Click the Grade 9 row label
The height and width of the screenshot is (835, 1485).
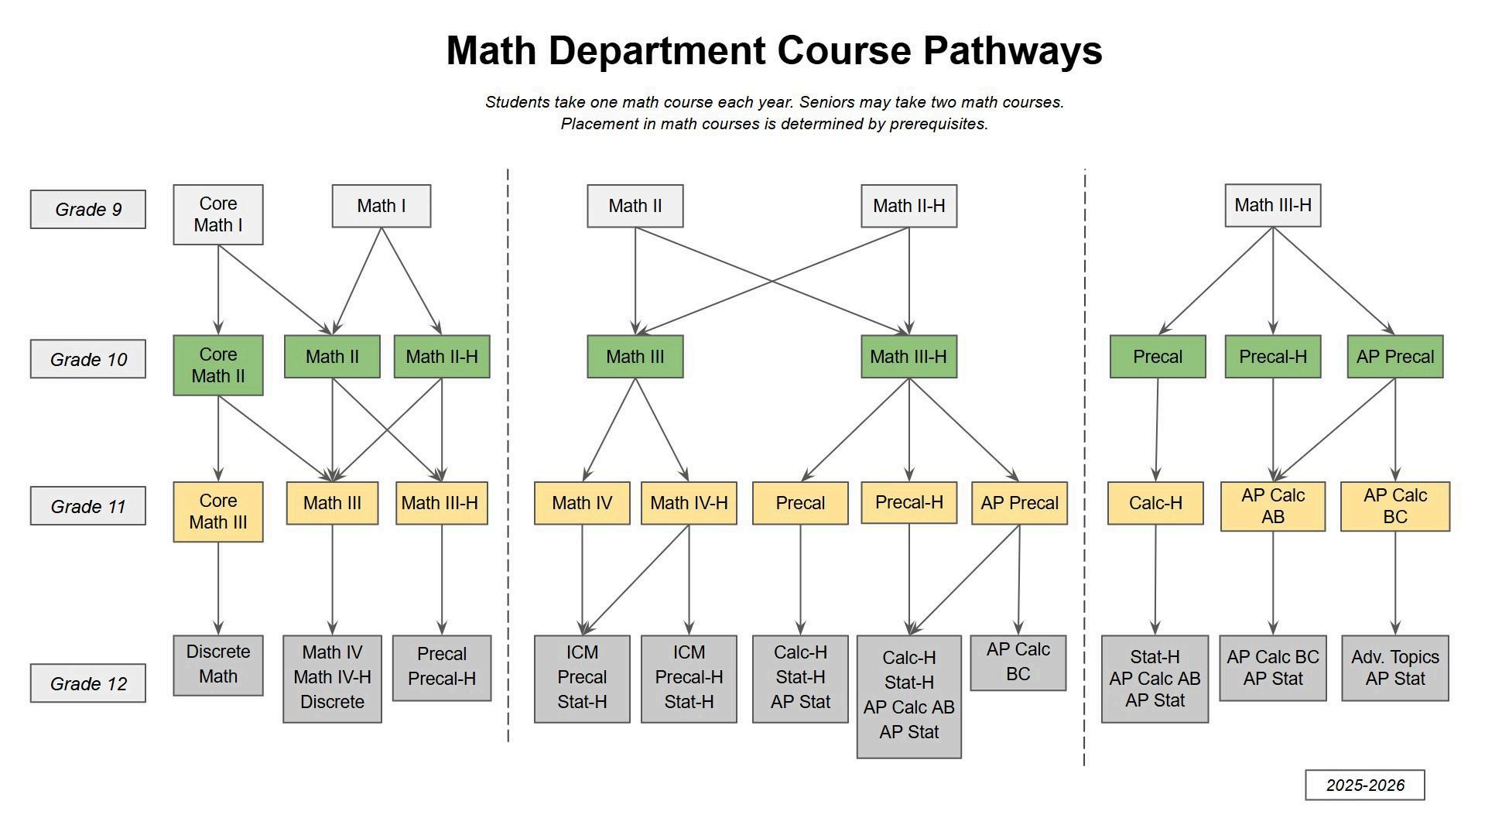(87, 209)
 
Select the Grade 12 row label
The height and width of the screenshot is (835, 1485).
(87, 683)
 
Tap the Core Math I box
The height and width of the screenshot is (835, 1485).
(217, 214)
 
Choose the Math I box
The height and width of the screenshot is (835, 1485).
(381, 206)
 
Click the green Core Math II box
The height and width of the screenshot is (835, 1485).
(217, 365)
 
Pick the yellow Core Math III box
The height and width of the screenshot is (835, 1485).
(217, 512)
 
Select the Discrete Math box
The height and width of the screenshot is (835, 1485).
(217, 665)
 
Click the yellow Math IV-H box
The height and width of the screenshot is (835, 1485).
(688, 503)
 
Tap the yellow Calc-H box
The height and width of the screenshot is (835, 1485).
(1155, 503)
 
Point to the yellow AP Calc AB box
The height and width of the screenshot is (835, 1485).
(1272, 506)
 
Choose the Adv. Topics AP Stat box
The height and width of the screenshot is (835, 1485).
(1394, 668)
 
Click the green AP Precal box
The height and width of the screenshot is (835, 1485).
(1394, 357)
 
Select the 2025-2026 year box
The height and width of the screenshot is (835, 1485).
(1364, 785)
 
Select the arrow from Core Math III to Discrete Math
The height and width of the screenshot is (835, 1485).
(218, 588)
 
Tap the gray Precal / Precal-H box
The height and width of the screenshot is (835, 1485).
(441, 667)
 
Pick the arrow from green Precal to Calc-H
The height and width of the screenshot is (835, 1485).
(1157, 429)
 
